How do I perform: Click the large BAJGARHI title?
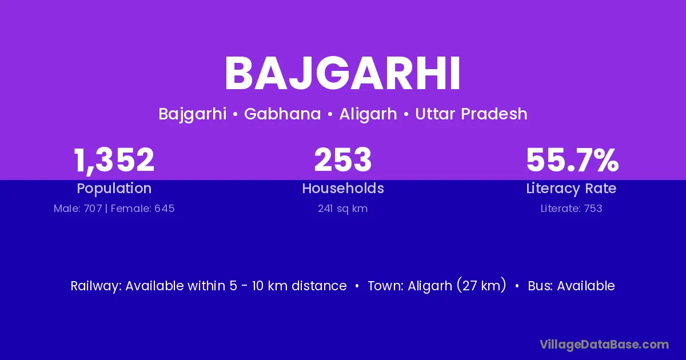pyautogui.click(x=342, y=74)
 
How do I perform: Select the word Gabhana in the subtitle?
pyautogui.click(x=282, y=114)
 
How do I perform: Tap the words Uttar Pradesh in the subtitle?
pyautogui.click(x=471, y=114)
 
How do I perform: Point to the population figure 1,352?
pyautogui.click(x=114, y=161)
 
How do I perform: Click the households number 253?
pyautogui.click(x=343, y=159)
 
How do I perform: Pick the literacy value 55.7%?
pyautogui.click(x=572, y=160)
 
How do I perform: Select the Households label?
pyautogui.click(x=343, y=188)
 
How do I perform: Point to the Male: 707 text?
pyautogui.click(x=78, y=209)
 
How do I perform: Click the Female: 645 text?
pyautogui.click(x=143, y=209)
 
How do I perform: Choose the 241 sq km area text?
pyautogui.click(x=342, y=209)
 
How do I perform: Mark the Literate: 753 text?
pyautogui.click(x=572, y=209)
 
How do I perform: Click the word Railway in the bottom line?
pyautogui.click(x=96, y=286)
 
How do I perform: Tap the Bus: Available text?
pyautogui.click(x=572, y=286)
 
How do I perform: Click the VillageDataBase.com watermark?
pyautogui.click(x=605, y=345)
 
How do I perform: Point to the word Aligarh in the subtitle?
pyautogui.click(x=368, y=114)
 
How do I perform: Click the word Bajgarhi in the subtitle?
pyautogui.click(x=193, y=114)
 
